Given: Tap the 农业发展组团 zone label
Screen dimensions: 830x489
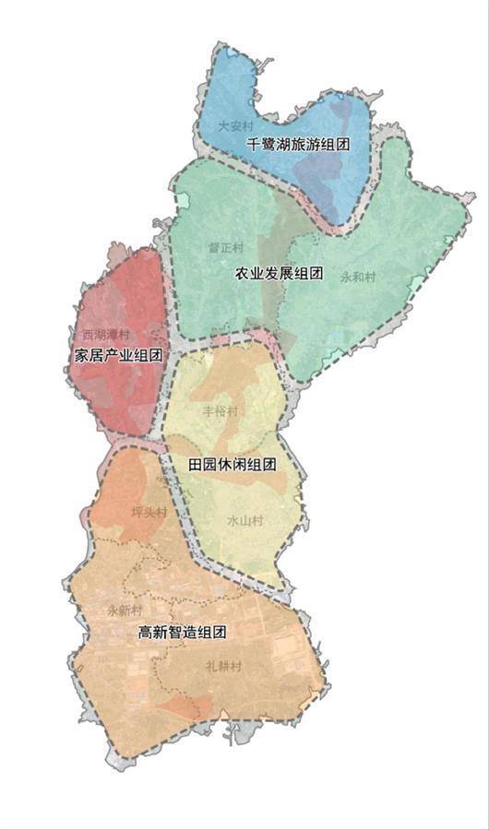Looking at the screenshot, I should coord(279,274).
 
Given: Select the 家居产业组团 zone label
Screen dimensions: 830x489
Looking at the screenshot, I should coord(118,355).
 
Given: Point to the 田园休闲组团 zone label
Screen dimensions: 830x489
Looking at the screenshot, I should coord(233,465).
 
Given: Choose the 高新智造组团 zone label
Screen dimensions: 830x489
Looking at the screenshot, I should coord(182,633).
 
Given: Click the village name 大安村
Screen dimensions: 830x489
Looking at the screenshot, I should coord(234,125).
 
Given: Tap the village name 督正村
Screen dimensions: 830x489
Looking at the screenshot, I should coord(227,248).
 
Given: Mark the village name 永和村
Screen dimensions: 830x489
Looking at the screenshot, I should coord(356,277).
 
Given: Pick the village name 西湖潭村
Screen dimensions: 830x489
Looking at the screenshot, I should coord(105,334).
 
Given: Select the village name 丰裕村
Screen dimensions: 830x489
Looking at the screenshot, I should coord(220,411).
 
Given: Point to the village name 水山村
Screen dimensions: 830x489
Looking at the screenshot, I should coord(244,521).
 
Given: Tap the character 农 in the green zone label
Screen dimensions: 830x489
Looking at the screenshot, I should coord(242,274).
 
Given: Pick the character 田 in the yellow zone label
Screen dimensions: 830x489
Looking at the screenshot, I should coord(196,465).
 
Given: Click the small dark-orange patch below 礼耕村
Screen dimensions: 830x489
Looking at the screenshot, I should coord(185,708).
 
